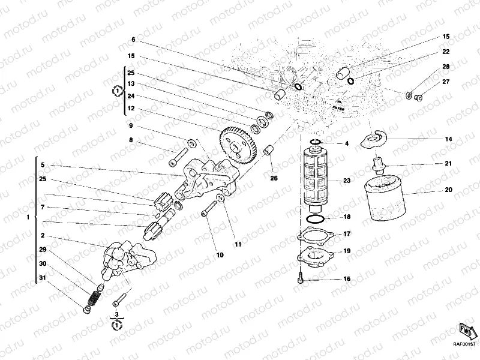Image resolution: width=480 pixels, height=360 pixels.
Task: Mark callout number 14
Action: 448,139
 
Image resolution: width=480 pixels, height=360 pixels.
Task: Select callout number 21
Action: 448,163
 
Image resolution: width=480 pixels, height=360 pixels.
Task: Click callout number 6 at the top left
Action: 133,40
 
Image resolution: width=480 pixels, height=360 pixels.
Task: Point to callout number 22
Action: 446,52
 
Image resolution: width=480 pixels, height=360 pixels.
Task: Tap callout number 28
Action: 446,67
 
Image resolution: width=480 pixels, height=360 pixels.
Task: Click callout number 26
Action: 274,178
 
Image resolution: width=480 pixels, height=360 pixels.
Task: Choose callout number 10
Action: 220,255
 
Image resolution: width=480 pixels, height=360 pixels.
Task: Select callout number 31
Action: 43,277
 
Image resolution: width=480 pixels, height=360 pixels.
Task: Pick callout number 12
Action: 130,108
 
